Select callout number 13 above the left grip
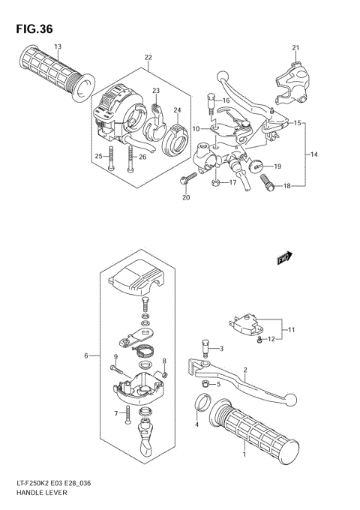pyautogui.click(x=57, y=46)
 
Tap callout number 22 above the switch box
pyautogui.click(x=148, y=58)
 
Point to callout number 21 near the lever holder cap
pyautogui.click(x=295, y=49)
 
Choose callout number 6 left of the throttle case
pyautogui.click(x=87, y=355)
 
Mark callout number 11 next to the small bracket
pyautogui.click(x=292, y=329)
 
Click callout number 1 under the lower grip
pyautogui.click(x=243, y=454)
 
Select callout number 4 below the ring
pyautogui.click(x=197, y=424)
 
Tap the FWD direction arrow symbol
pyautogui.click(x=283, y=258)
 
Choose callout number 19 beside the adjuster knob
pyautogui.click(x=277, y=166)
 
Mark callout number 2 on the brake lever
pyautogui.click(x=244, y=370)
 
